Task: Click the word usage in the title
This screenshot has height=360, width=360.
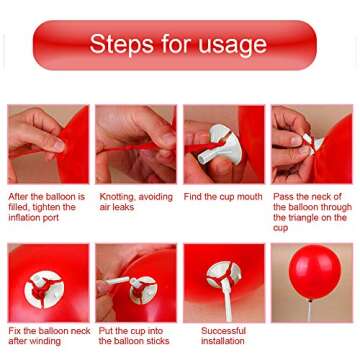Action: coord(232,45)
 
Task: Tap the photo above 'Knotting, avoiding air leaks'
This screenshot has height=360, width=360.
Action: coord(136,145)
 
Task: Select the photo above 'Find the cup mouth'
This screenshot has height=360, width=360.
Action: coord(223,145)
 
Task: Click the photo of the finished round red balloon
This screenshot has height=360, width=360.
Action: coord(311,283)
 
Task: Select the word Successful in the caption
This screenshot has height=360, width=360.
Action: coord(223,330)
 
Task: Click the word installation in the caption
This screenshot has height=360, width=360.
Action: coord(223,340)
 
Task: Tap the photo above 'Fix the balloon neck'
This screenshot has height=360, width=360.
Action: coord(48,283)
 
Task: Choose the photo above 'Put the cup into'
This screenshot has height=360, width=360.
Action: coord(136,283)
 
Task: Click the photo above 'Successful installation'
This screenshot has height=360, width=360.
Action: coord(223,283)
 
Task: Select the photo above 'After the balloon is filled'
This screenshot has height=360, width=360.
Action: coord(48,145)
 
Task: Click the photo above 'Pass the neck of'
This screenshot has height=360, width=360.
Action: coord(311,145)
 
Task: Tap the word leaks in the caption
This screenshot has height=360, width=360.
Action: coord(126,207)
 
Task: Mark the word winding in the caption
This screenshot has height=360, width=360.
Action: coord(44,340)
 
